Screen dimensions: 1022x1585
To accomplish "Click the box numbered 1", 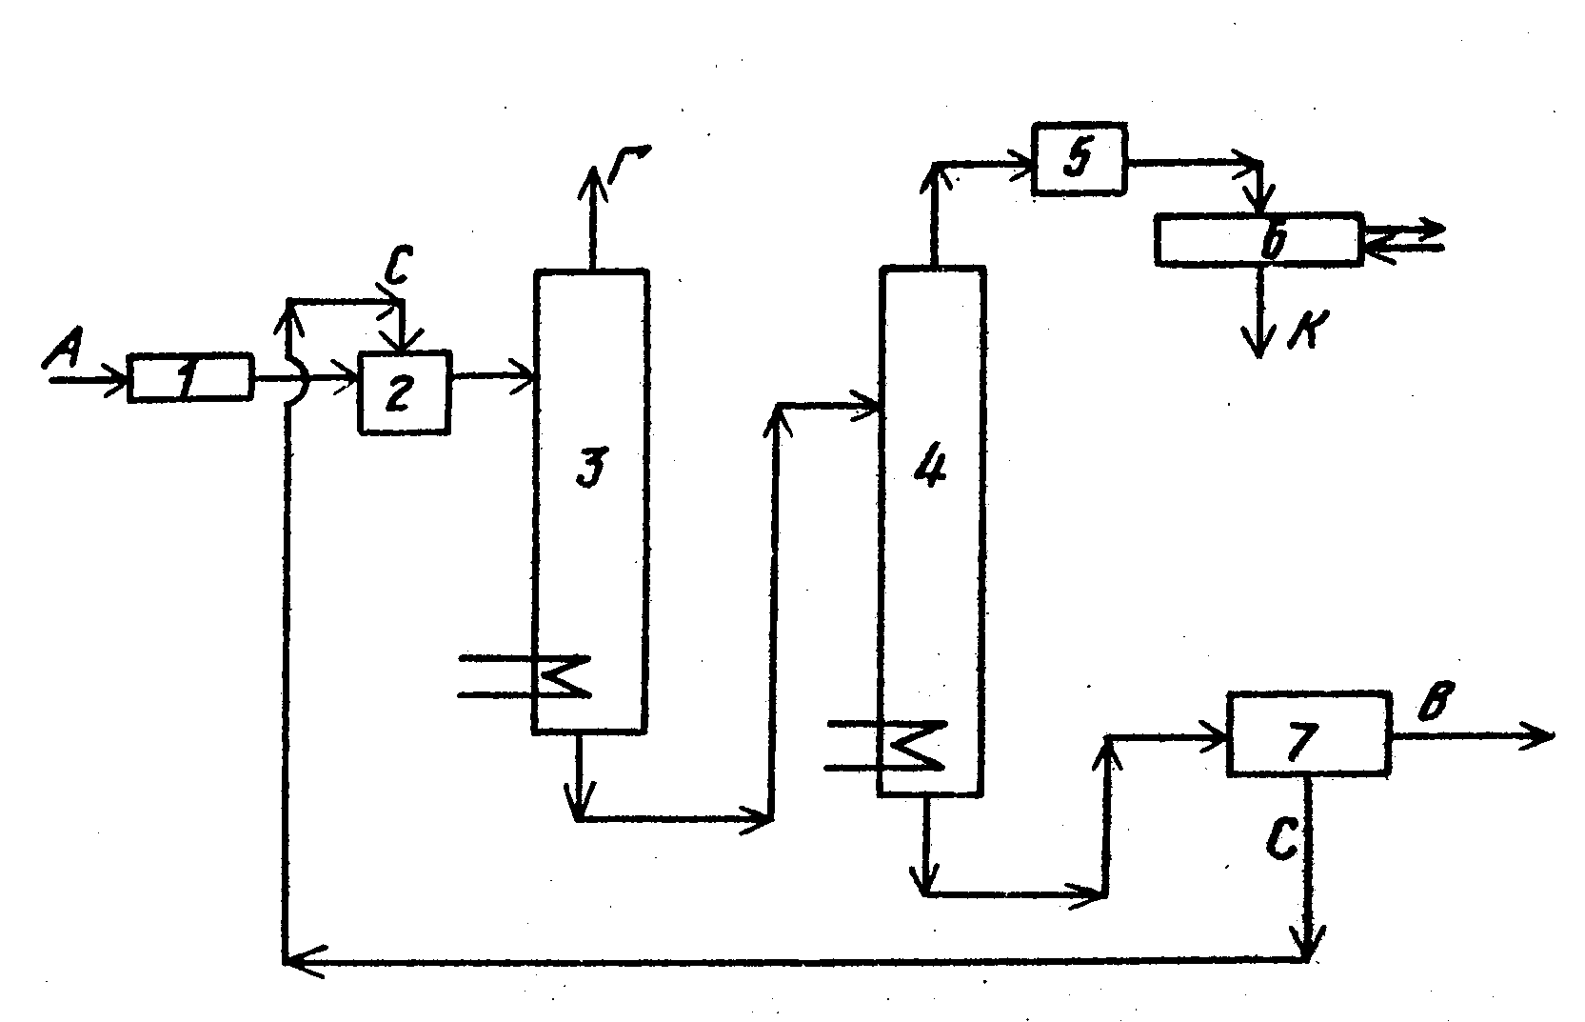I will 190,378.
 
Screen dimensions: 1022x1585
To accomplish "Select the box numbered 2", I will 404,392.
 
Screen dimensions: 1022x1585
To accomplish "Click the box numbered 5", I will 1079,159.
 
